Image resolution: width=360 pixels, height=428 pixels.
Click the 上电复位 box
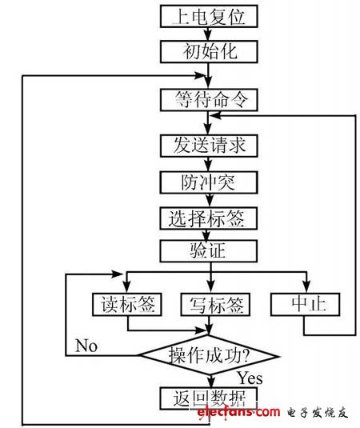210,16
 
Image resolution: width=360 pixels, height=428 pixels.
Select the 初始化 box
210,52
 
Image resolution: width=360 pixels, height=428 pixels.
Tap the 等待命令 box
210,99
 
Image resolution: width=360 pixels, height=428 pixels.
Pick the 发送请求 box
210,146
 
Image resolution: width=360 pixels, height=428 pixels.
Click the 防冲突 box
210,182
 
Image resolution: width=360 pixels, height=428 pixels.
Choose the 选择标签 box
210,217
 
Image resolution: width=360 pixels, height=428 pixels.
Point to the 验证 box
210,251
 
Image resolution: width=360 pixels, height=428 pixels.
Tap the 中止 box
305,304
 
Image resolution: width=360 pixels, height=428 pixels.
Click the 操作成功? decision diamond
210,354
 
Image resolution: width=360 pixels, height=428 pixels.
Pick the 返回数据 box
210,397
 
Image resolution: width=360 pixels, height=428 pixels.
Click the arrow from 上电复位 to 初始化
210,34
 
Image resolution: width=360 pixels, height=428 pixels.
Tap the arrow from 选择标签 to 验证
210,234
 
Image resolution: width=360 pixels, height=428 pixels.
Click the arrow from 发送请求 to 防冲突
210,164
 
